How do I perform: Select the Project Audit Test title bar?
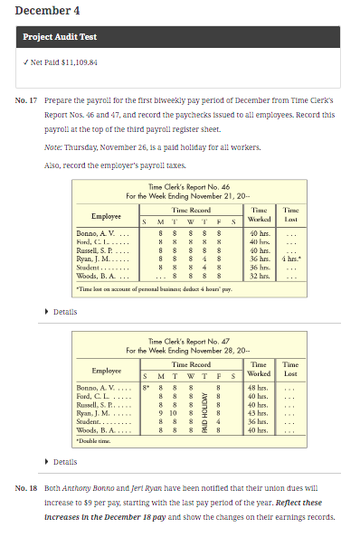click(x=180, y=37)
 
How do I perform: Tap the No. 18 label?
click(x=26, y=487)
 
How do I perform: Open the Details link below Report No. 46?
click(x=64, y=311)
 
